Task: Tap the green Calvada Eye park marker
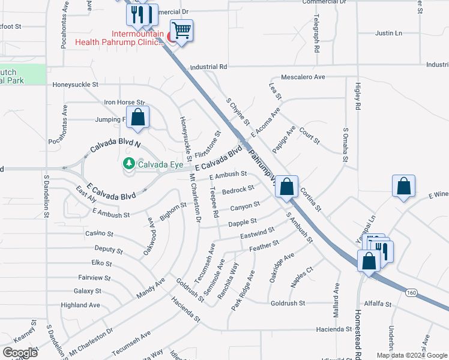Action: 128,163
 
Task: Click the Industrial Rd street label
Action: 208,67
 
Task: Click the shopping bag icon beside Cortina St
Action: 288,187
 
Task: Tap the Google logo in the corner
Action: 20,352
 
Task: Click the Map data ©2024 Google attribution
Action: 412,355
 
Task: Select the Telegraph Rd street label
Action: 316,34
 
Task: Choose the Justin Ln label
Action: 388,33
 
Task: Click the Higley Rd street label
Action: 358,95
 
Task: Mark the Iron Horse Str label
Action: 125,103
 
